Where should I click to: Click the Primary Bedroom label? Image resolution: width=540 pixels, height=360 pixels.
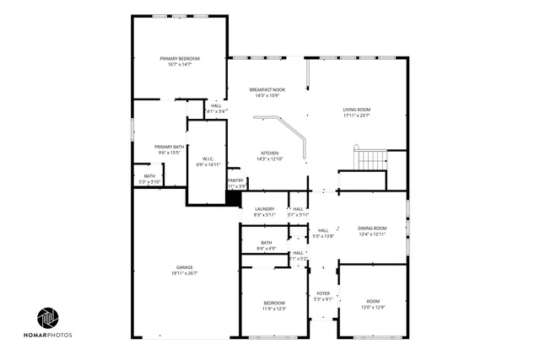179,58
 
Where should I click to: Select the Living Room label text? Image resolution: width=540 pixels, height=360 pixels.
357,110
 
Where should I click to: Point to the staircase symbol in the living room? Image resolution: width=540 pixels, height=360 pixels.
370,159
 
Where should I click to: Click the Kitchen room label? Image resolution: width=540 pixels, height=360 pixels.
270,153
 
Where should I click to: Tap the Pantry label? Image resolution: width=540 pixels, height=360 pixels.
235,180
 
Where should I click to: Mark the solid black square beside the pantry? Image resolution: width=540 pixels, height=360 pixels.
233,198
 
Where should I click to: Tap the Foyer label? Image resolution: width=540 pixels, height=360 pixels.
323,293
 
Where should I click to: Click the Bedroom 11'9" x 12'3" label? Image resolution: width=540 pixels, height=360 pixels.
274,303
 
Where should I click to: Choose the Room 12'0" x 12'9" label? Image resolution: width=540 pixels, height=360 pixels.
373,301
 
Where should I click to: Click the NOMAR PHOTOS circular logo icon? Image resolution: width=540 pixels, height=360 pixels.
48,318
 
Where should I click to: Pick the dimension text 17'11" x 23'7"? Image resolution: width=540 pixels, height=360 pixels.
357,116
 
